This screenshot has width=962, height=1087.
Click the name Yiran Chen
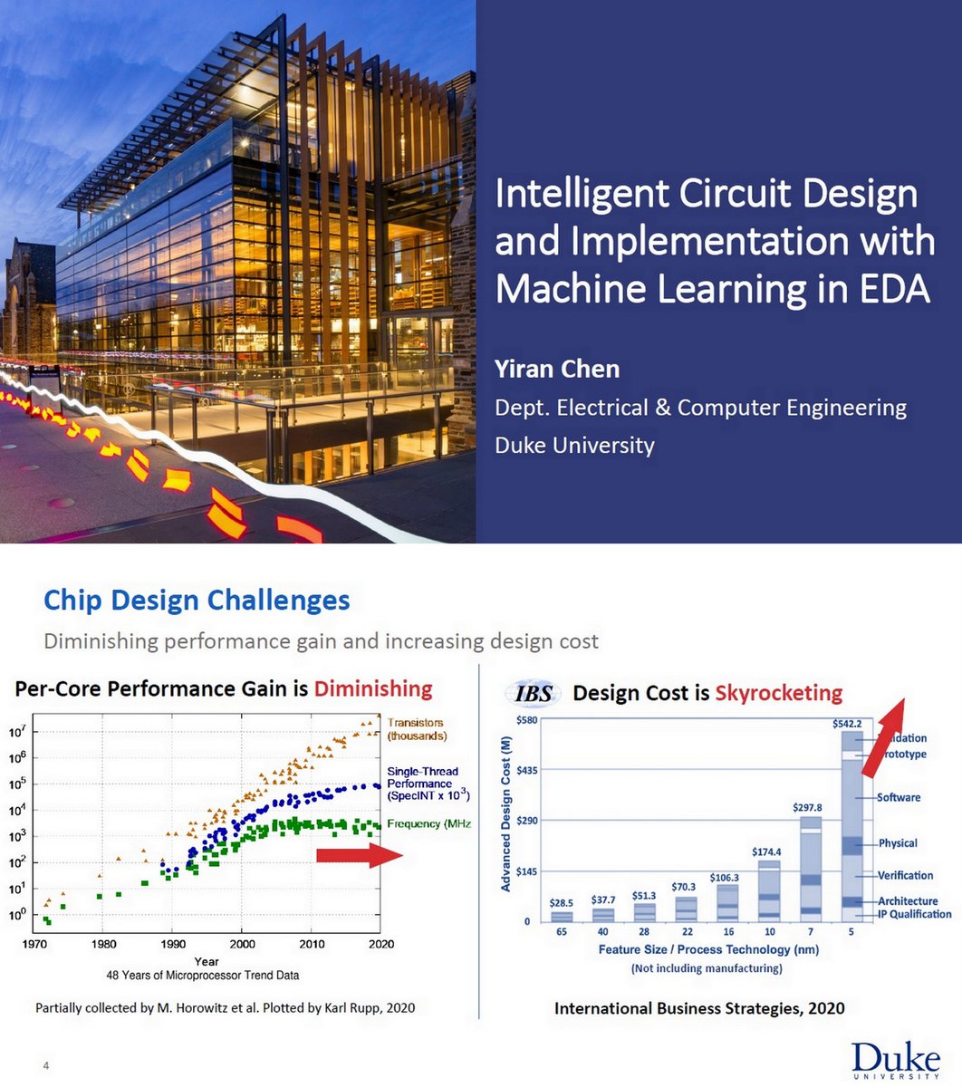tap(557, 370)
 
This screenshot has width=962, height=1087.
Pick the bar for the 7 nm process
tap(811, 870)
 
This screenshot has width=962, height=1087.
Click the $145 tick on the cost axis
tap(526, 871)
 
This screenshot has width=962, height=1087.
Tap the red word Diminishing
tap(373, 689)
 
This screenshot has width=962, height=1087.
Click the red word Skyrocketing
tap(778, 694)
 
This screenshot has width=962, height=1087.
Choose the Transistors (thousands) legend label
tap(417, 729)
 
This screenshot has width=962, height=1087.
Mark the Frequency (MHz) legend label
tap(428, 824)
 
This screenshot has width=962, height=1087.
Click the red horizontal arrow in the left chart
tap(359, 856)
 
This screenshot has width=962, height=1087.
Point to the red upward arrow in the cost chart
tap(883, 737)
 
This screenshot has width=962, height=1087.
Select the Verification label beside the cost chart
tap(904, 876)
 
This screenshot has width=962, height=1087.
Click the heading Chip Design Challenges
tap(197, 600)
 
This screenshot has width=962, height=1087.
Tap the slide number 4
tap(46, 1066)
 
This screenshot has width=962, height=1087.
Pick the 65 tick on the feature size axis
tap(562, 932)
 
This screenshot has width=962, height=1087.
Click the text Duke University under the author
tap(574, 446)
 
